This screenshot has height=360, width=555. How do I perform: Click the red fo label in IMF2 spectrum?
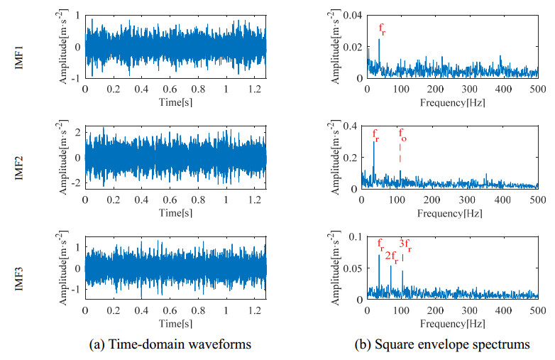point(402,136)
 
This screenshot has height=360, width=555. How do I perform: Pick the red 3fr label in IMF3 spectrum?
point(405,245)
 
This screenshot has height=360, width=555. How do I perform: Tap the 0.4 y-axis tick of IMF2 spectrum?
point(354,126)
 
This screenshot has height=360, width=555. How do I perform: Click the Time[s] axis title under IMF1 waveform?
point(175,101)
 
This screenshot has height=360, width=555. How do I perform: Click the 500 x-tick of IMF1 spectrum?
point(537,89)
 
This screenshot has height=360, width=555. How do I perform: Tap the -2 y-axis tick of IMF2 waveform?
point(76,184)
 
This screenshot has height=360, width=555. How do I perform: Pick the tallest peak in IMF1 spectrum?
point(379,40)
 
